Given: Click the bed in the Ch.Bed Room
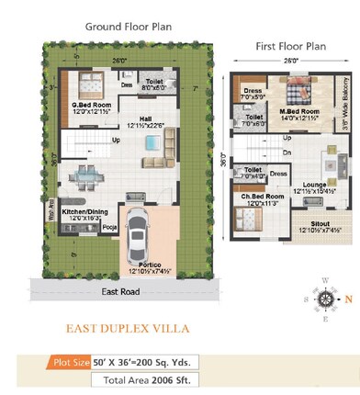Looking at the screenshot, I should coord(245,218).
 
